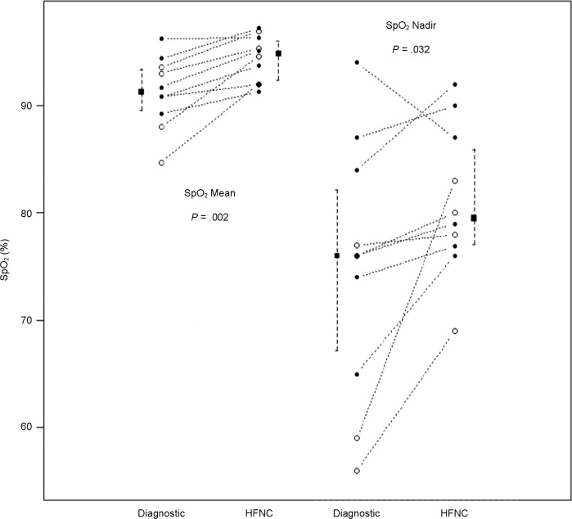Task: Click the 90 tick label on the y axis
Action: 29,106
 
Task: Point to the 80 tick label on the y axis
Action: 29,213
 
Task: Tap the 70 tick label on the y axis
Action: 29,320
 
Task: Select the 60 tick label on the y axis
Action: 29,427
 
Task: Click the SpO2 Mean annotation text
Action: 210,195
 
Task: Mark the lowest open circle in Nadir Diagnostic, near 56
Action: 357,471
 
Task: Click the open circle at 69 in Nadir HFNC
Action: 455,332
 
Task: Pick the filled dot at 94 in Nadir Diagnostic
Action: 357,62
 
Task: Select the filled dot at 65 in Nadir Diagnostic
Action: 357,374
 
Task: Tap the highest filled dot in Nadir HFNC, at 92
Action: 455,84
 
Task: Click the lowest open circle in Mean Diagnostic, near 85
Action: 161,163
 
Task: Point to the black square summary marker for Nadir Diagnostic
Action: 337,256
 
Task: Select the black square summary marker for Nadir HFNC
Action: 474,218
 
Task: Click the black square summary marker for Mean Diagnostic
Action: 141,92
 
